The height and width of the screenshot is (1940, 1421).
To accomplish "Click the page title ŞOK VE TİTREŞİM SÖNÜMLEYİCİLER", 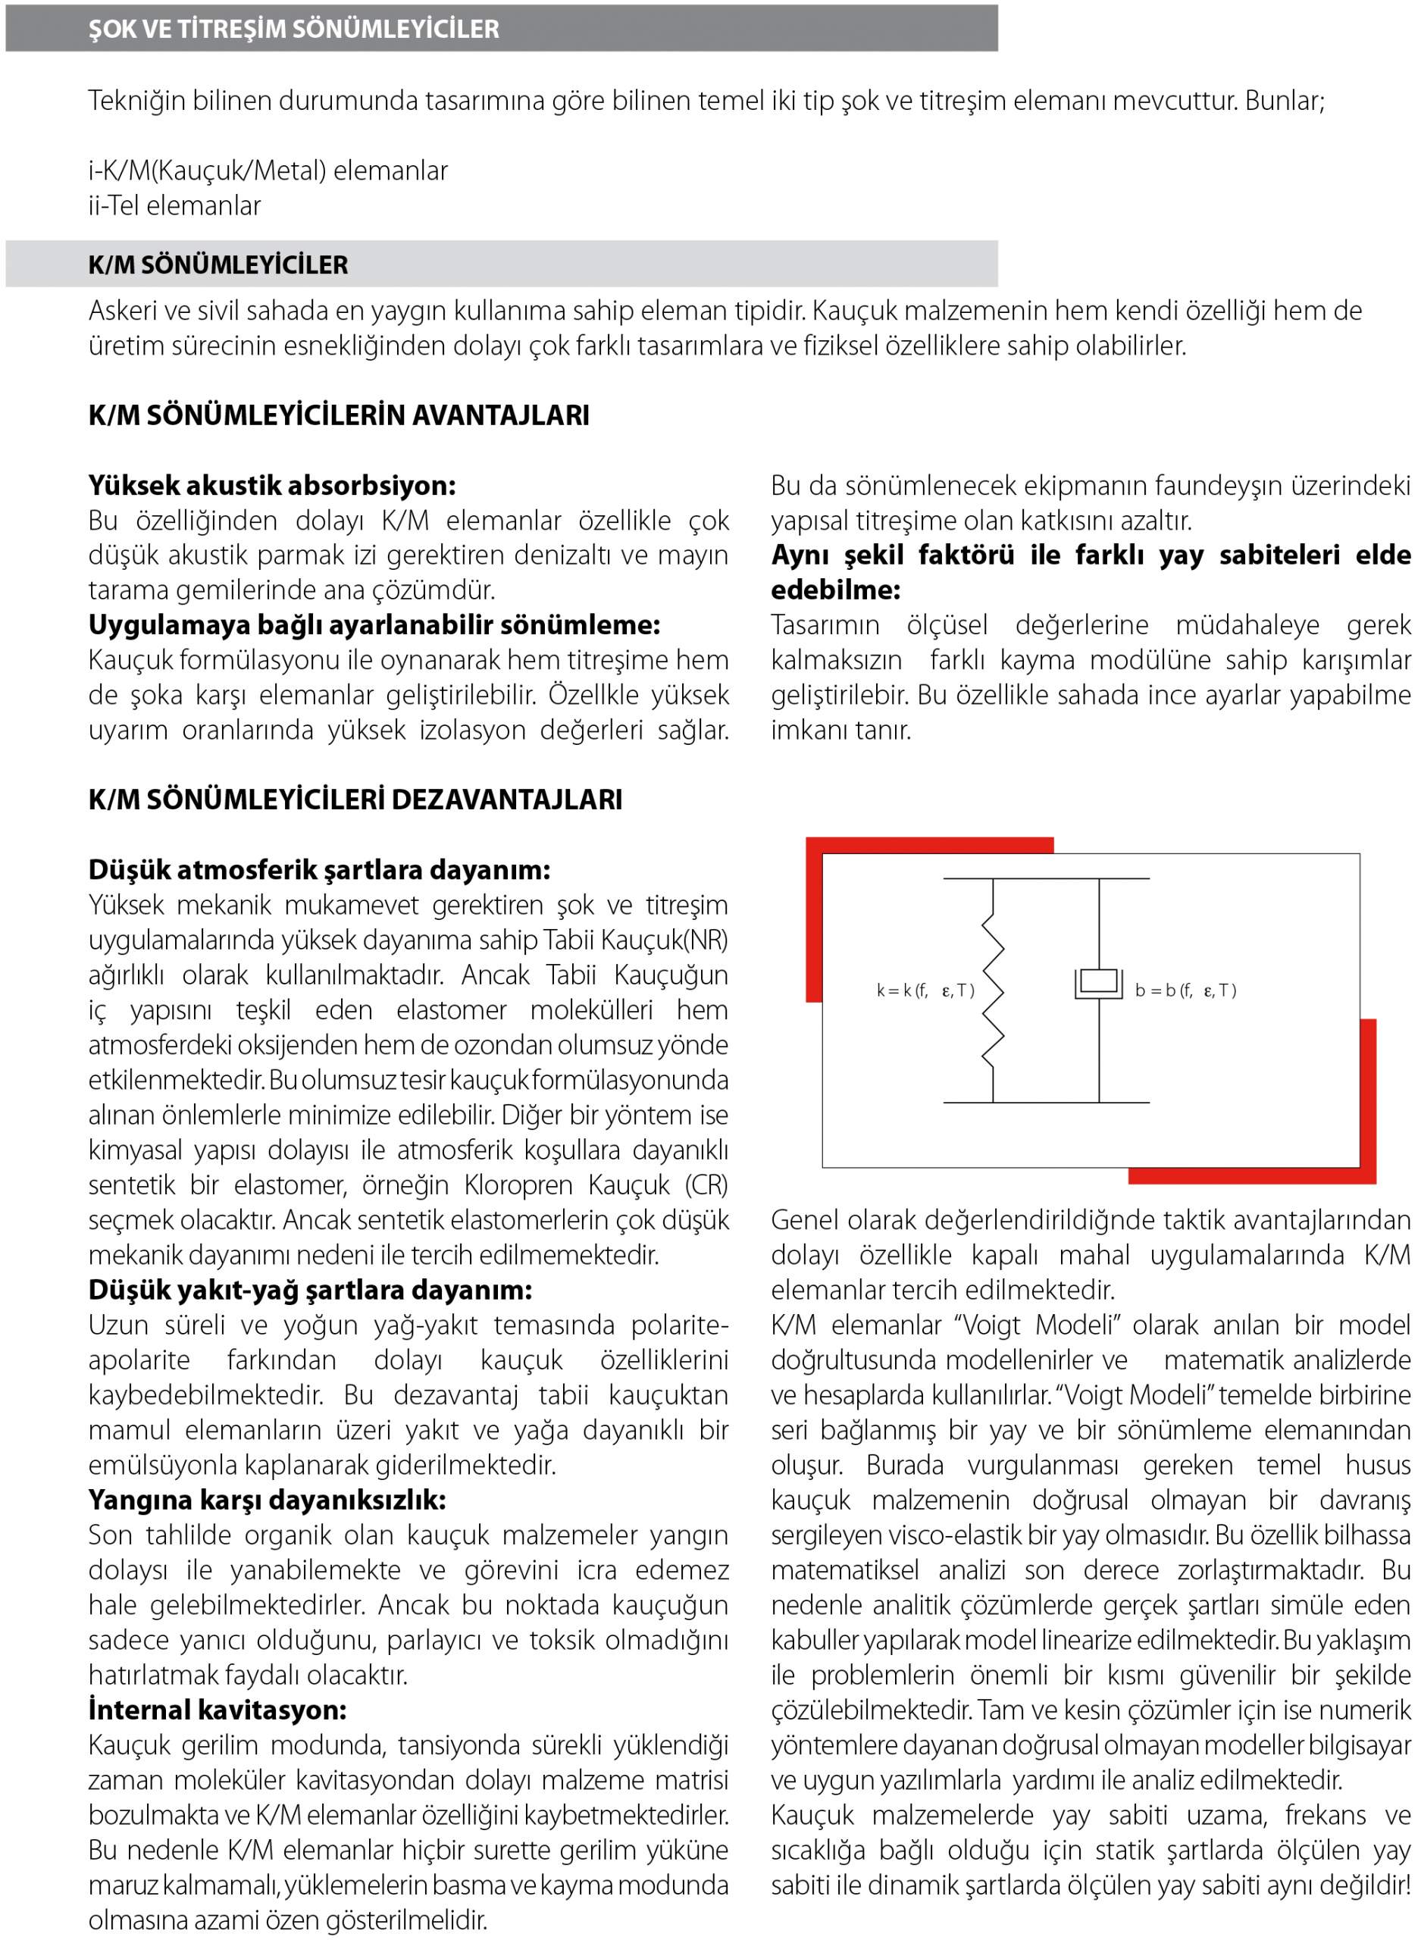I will pyautogui.click(x=293, y=28).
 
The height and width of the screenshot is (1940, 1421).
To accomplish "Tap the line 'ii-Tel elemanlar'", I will pyautogui.click(x=174, y=205).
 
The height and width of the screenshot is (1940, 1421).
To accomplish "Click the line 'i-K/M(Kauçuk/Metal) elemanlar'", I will pyautogui.click(x=268, y=171).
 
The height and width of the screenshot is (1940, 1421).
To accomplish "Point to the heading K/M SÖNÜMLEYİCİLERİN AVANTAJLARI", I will pyautogui.click(x=338, y=415).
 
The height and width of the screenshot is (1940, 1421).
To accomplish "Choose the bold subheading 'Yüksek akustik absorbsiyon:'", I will pyautogui.click(x=272, y=485).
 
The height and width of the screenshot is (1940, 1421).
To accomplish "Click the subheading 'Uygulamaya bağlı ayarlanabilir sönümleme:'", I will pyautogui.click(x=374, y=624).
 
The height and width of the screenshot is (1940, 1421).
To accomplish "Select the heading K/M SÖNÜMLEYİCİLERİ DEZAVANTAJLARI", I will pyautogui.click(x=355, y=799).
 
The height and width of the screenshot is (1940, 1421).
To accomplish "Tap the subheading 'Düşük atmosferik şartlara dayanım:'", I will pyautogui.click(x=319, y=869).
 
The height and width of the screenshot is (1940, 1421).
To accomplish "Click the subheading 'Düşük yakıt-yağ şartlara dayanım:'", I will pyautogui.click(x=311, y=1290).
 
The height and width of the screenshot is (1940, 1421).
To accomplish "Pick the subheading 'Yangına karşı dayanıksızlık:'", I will pyautogui.click(x=267, y=1500).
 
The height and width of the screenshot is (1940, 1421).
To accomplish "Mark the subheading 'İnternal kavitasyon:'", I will pyautogui.click(x=217, y=1710).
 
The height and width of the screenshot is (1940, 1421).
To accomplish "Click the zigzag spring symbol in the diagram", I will pyautogui.click(x=994, y=990).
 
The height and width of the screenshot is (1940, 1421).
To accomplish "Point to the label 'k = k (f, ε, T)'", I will pyautogui.click(x=925, y=990).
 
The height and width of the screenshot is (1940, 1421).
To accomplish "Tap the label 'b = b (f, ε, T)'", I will pyautogui.click(x=1185, y=990).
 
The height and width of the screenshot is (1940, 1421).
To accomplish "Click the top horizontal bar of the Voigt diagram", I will pyautogui.click(x=1046, y=878).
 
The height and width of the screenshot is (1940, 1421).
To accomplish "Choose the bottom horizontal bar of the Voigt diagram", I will pyautogui.click(x=1046, y=1103).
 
